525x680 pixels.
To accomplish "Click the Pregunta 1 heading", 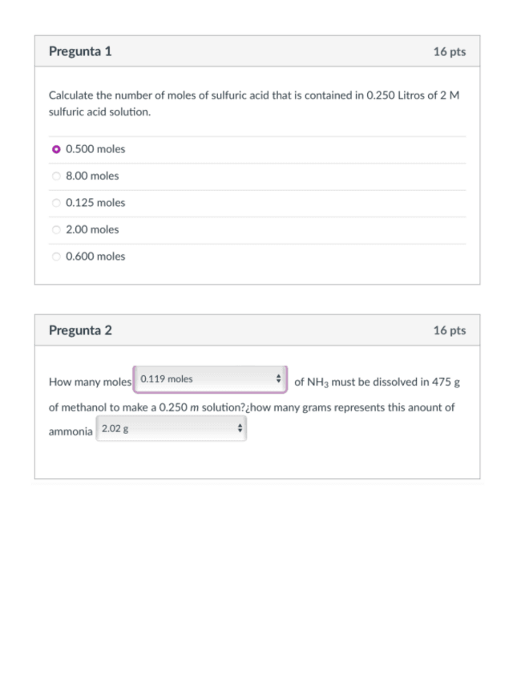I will click(80, 51).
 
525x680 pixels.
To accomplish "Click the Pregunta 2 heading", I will click(80, 330).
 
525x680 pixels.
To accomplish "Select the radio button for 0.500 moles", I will click(56, 149).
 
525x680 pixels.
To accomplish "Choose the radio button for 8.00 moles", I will click(56, 176).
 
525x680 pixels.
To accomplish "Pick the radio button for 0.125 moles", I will click(56, 203).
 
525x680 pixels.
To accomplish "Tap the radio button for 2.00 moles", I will click(56, 229).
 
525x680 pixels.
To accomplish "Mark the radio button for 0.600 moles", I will click(56, 257).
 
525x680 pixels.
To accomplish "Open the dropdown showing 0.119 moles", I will click(211, 379).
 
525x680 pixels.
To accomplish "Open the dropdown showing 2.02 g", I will click(172, 429).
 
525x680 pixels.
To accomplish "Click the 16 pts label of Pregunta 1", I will click(449, 51).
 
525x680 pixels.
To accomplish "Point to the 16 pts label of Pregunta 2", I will click(449, 330).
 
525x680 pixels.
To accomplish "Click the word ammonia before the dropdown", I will click(71, 431).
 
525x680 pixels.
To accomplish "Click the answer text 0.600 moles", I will click(95, 257).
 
